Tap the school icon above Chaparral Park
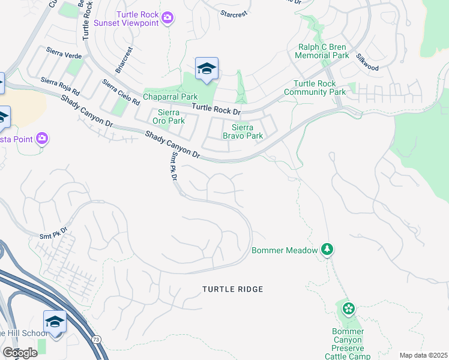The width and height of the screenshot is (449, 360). click(x=206, y=69)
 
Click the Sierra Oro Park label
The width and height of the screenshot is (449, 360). click(x=171, y=116)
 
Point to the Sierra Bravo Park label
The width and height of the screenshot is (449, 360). click(x=243, y=131)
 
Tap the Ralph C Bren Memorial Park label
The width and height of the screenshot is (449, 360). click(x=323, y=51)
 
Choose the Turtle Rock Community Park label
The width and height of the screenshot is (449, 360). click(x=319, y=88)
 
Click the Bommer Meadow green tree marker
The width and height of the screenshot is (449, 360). click(x=327, y=249)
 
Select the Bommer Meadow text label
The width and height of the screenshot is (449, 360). click(x=284, y=250)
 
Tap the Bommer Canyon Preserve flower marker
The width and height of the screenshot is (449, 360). click(x=349, y=309)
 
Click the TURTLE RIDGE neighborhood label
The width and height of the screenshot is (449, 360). click(x=232, y=289)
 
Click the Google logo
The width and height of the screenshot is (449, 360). click(x=19, y=353)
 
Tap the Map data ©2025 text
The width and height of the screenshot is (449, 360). click(x=423, y=355)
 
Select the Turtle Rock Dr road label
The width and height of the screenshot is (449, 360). click(x=215, y=110)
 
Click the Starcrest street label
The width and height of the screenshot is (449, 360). click(x=233, y=13)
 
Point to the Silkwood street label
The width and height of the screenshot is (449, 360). click(x=367, y=63)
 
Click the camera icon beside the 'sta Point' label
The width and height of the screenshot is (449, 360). click(x=41, y=139)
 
